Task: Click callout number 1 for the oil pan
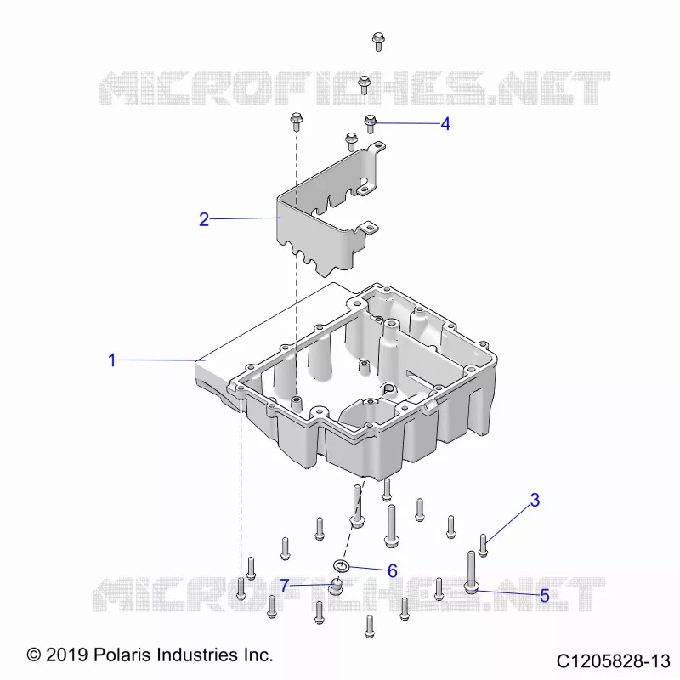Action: (x=112, y=360)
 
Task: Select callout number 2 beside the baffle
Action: (x=204, y=219)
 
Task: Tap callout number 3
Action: (x=535, y=500)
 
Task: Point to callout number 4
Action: (x=445, y=124)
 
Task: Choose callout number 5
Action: (x=545, y=596)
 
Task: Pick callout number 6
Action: (x=393, y=570)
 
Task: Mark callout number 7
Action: (x=285, y=586)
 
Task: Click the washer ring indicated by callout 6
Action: (x=342, y=565)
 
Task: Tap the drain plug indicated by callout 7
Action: (x=335, y=587)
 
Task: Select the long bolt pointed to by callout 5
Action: (x=471, y=572)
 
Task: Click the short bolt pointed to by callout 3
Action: (x=483, y=546)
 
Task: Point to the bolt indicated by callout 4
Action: (x=370, y=124)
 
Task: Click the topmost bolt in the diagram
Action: (x=378, y=42)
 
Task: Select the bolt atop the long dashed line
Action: (x=297, y=122)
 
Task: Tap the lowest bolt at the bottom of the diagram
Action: (x=370, y=626)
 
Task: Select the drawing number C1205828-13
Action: (x=614, y=662)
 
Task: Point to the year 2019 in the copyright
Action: (x=67, y=654)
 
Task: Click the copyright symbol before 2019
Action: (x=34, y=654)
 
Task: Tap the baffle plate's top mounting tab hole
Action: (x=379, y=147)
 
